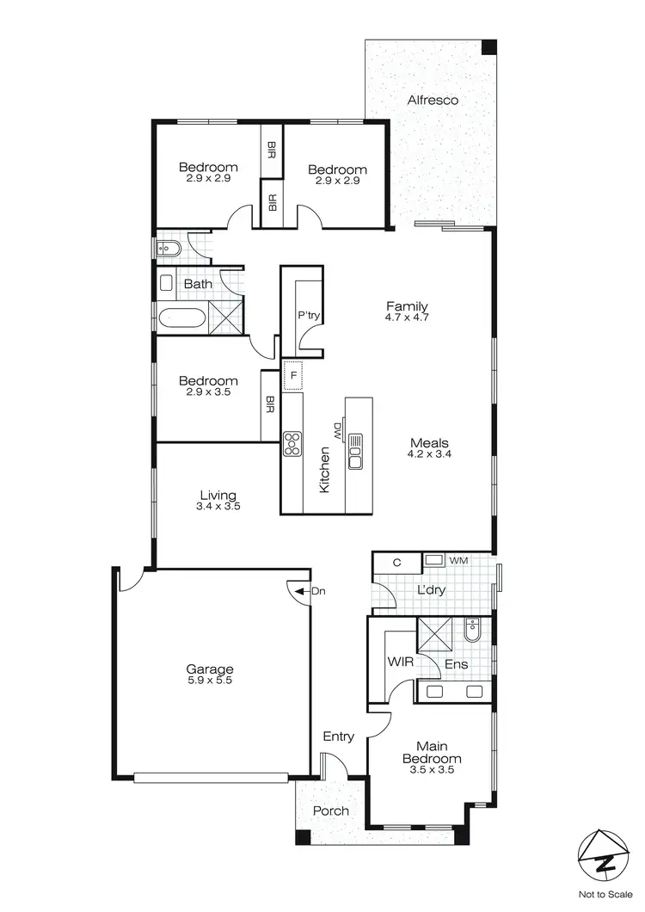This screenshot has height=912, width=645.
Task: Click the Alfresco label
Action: click(x=433, y=100)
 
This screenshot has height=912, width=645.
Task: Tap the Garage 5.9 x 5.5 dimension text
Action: click(x=211, y=681)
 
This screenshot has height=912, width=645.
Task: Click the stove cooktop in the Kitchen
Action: click(x=292, y=442)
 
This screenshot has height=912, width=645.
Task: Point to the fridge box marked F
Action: click(x=293, y=376)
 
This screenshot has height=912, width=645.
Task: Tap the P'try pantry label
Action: click(x=309, y=316)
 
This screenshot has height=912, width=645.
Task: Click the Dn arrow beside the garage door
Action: click(x=300, y=591)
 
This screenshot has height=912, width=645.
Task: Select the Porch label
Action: click(x=330, y=810)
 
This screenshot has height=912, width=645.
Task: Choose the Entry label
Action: click(x=338, y=736)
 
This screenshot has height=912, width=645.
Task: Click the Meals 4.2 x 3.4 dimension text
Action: click(x=430, y=453)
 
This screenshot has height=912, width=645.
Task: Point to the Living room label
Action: click(x=218, y=496)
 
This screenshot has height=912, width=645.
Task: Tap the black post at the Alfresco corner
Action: click(x=488, y=46)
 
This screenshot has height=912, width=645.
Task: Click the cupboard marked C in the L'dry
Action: click(x=396, y=563)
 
